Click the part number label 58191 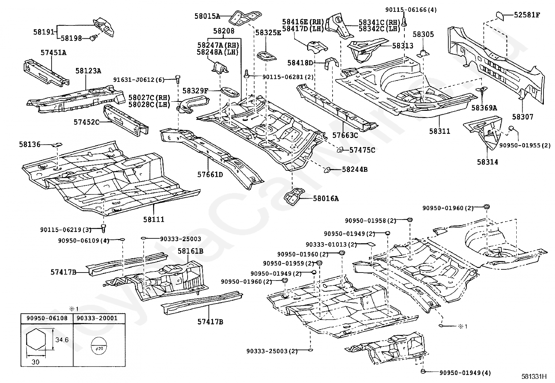coord(44,32)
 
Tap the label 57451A coord(54,53)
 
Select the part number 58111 coord(154,219)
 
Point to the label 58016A coord(326,198)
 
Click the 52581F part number coord(527,15)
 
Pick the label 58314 coord(488,162)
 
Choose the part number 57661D coord(210,175)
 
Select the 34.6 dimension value coord(62,340)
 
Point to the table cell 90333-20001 coord(97,318)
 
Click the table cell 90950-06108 coord(47,318)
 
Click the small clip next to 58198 coord(94,38)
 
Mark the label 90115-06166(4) coord(411,10)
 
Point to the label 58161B coord(191,251)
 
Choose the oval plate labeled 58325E coord(266,56)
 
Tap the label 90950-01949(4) coord(465,373)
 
